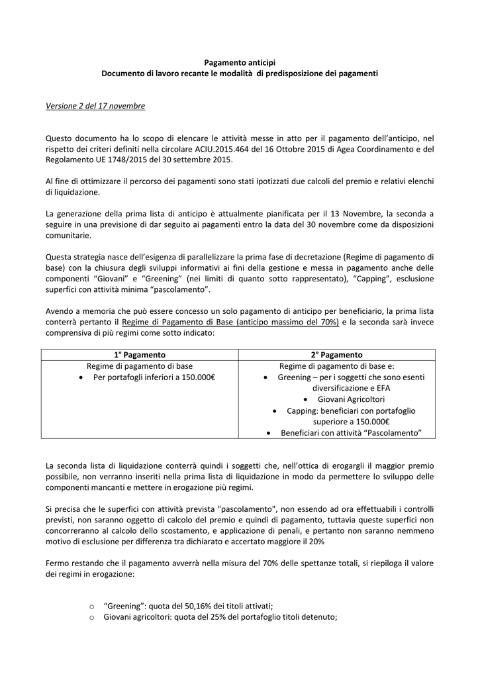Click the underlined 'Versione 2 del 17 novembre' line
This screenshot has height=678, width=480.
[x=95, y=106]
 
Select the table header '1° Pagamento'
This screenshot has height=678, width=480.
[x=140, y=355]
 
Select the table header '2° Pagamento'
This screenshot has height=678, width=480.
[x=336, y=355]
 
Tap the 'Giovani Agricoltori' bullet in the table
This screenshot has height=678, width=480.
[x=351, y=399]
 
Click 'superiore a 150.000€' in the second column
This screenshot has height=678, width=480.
[x=351, y=422]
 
